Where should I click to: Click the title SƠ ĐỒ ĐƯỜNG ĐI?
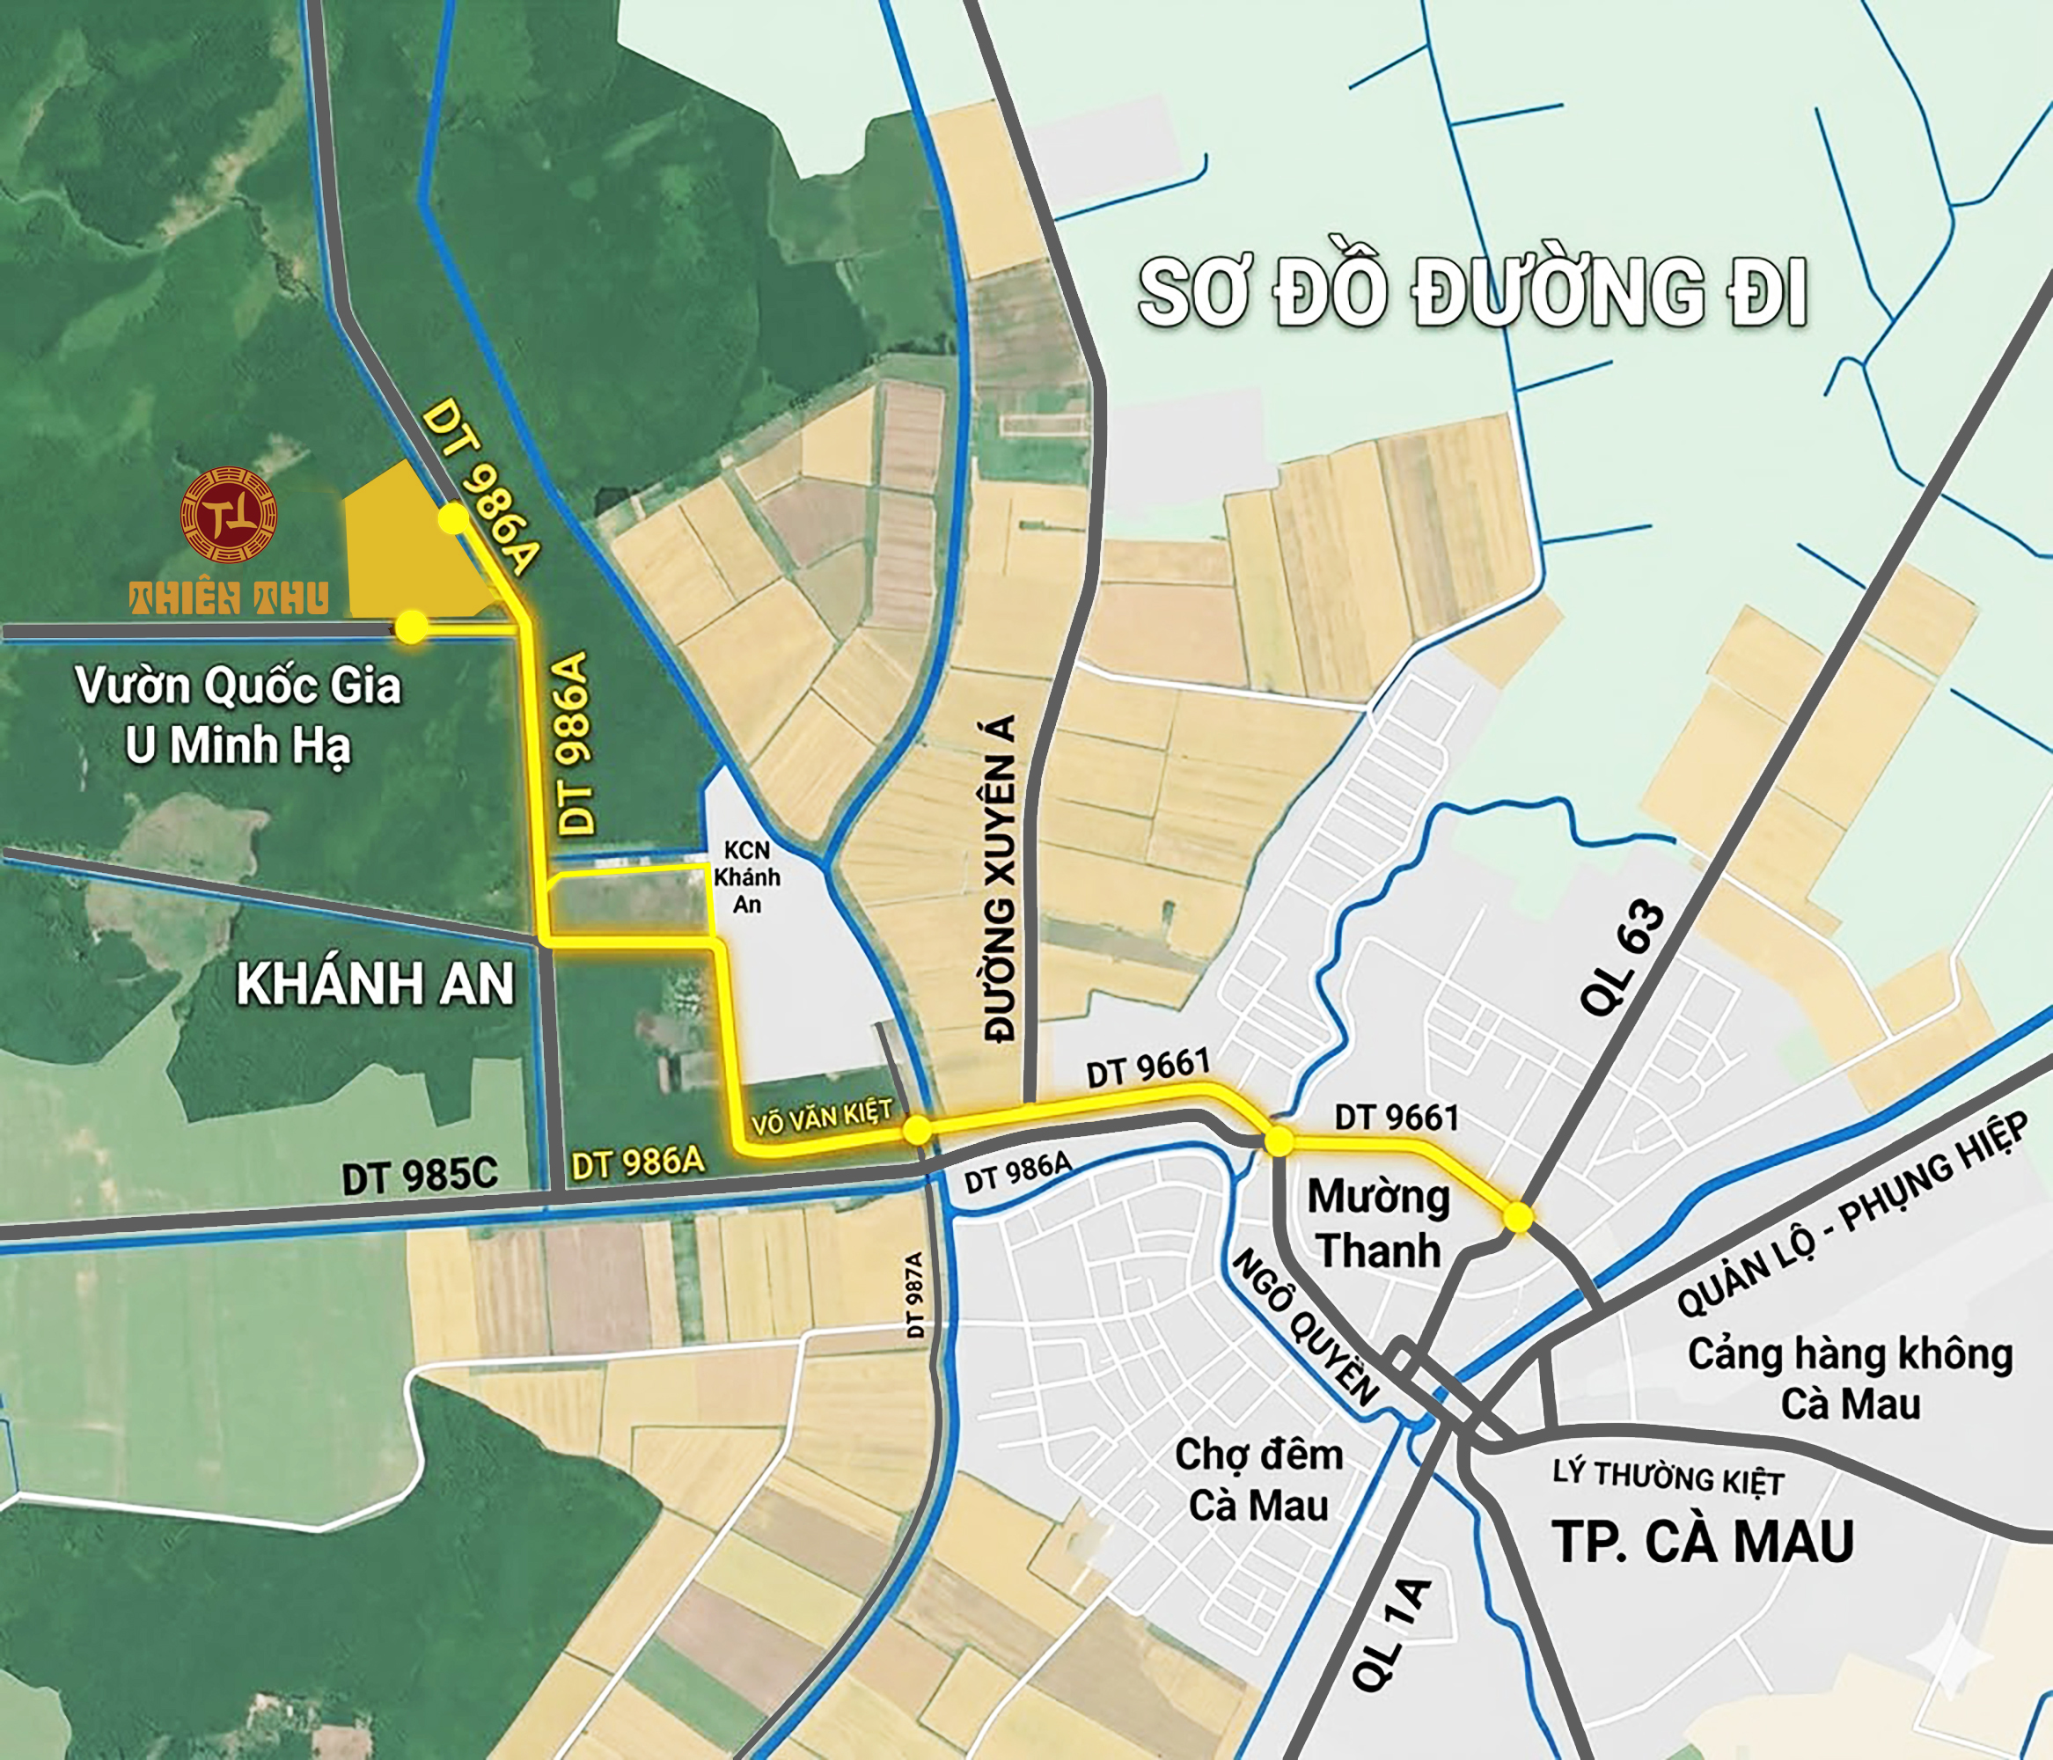[1473, 292]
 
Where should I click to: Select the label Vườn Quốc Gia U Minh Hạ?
[238, 715]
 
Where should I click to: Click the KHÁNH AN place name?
[376, 984]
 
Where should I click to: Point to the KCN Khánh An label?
[747, 877]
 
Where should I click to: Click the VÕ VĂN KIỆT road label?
[821, 1117]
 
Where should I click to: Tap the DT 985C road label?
[419, 1177]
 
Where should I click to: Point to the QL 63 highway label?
[1622, 958]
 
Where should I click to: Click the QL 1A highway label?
[1390, 1633]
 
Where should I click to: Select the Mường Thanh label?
[1378, 1224]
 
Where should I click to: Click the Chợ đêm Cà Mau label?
[1258, 1479]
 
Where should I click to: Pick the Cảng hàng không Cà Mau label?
[1850, 1378]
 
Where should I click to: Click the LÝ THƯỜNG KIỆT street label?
[1668, 1478]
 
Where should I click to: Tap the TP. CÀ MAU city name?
[1702, 1541]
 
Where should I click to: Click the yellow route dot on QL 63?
[1518, 1217]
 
